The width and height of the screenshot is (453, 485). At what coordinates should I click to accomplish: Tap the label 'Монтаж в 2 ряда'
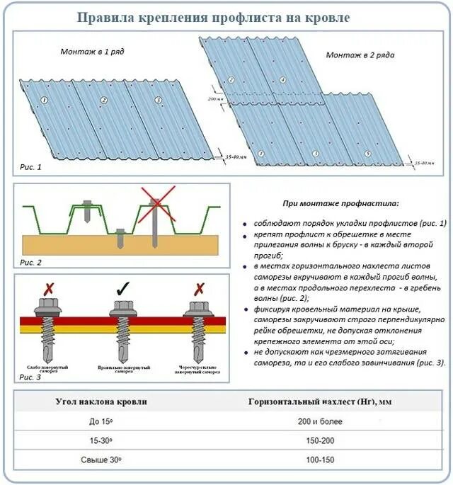pos(359,55)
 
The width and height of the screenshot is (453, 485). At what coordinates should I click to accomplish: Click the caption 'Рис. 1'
pos(30,167)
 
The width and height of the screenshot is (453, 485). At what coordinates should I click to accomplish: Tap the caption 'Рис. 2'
pos(30,262)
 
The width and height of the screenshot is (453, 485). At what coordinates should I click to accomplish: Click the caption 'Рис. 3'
pos(30,377)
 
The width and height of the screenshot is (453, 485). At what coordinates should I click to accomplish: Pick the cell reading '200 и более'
pos(320,422)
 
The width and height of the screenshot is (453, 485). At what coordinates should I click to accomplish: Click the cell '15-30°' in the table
pos(101,441)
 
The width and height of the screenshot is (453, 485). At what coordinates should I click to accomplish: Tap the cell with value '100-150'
pos(320,461)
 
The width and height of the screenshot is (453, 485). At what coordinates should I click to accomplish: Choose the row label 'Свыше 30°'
pos(101,461)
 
